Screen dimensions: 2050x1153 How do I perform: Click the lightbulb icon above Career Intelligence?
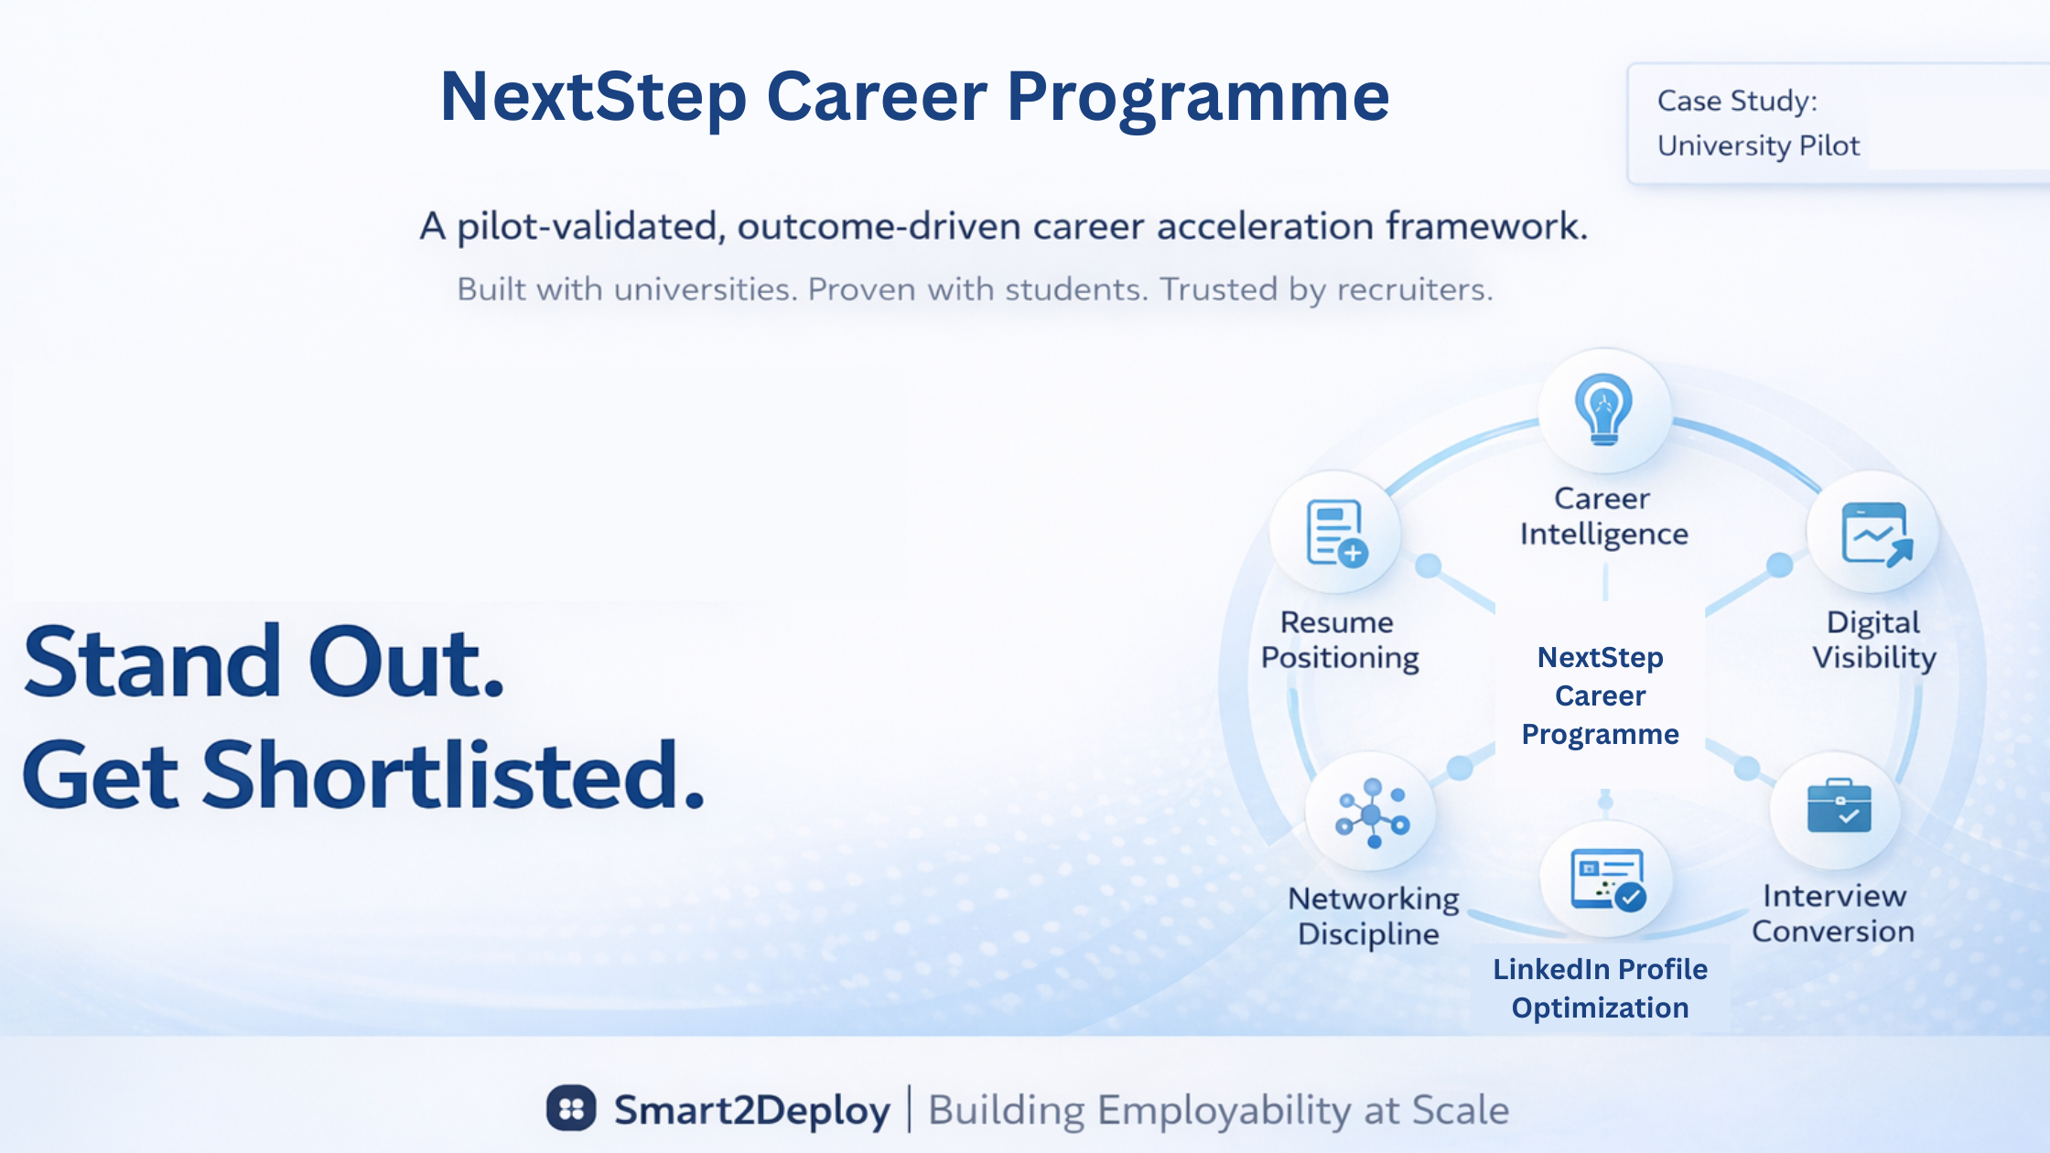click(x=1603, y=409)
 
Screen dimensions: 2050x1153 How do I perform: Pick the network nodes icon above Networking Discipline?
click(x=1372, y=813)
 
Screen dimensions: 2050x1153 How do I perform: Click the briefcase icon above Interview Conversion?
click(x=1840, y=806)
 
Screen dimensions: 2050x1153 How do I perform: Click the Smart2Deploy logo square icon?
click(x=571, y=1109)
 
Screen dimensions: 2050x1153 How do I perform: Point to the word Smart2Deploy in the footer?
click(x=751, y=1110)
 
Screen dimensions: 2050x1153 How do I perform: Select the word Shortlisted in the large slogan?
click(x=444, y=776)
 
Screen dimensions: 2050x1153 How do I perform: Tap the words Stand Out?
click(x=264, y=661)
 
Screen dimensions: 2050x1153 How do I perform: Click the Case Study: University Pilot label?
click(x=1758, y=123)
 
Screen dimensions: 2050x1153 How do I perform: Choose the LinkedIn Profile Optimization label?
click(x=1601, y=988)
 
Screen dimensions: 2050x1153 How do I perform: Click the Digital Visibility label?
click(x=1874, y=641)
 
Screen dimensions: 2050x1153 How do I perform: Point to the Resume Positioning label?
click(x=1340, y=641)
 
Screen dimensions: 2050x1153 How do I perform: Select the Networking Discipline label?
click(x=1373, y=916)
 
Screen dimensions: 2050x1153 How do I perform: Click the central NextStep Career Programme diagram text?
click(x=1601, y=695)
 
